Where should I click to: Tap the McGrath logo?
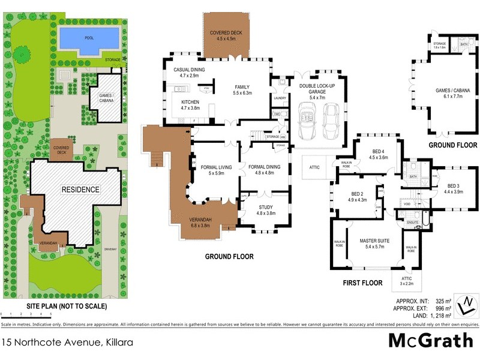pos(431,341)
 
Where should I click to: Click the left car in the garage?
pos(307,119)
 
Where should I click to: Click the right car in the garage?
pos(332,119)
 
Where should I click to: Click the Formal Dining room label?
pos(265,170)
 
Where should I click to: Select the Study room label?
pos(266,210)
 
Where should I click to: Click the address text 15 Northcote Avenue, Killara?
pos(67,343)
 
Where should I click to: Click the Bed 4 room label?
pos(379,154)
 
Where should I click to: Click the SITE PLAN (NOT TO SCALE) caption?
pos(67,306)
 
